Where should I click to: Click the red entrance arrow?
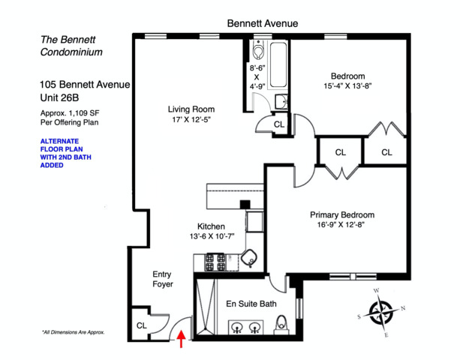(x=180, y=341)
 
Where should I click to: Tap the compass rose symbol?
(x=383, y=310)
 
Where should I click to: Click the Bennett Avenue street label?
(x=262, y=24)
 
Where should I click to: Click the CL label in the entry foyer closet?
(x=141, y=325)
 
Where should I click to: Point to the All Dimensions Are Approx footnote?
(x=73, y=331)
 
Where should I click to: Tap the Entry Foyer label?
(x=163, y=280)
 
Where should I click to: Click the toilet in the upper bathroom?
(x=259, y=52)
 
